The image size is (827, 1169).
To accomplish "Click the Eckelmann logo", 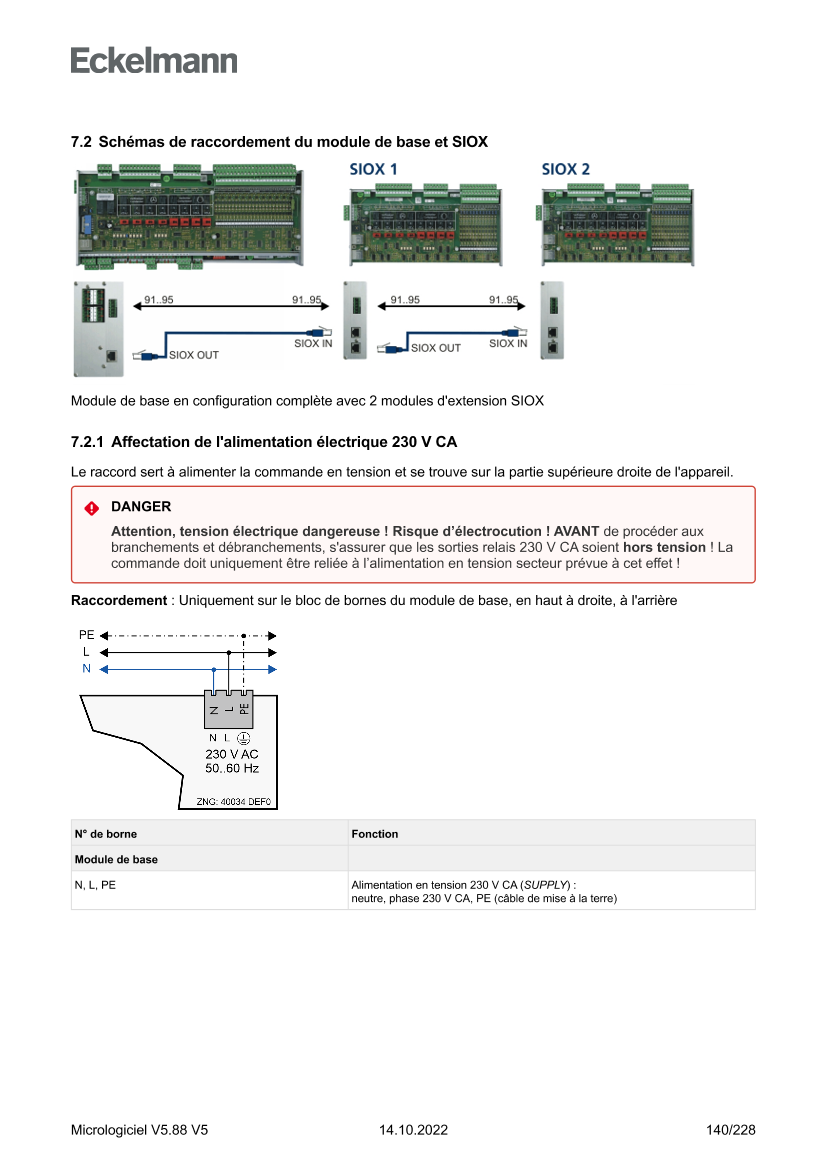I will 154,60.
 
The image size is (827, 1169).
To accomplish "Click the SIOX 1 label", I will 373,169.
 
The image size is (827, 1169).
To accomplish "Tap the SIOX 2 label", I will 566,169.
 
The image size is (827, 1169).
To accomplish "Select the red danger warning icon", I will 92,508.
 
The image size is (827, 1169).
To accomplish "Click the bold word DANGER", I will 141,507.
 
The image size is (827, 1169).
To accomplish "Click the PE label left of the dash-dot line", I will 87,635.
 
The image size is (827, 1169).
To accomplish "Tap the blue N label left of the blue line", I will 86,668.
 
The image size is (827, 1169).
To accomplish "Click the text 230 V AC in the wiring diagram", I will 231,754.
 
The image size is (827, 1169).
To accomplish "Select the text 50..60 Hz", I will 231,769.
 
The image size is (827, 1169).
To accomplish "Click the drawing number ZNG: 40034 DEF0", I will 228,802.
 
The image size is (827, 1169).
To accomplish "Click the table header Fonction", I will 375,834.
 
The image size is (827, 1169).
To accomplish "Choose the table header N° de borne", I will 106,834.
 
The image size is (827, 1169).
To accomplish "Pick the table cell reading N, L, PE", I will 95,885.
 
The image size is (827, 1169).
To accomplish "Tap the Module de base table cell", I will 116,859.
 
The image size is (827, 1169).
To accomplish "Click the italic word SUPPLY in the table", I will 547,885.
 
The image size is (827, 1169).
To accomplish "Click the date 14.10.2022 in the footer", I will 413,1131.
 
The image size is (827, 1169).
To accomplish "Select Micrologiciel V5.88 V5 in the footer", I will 139,1131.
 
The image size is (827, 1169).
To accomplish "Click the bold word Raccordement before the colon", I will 118,600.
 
